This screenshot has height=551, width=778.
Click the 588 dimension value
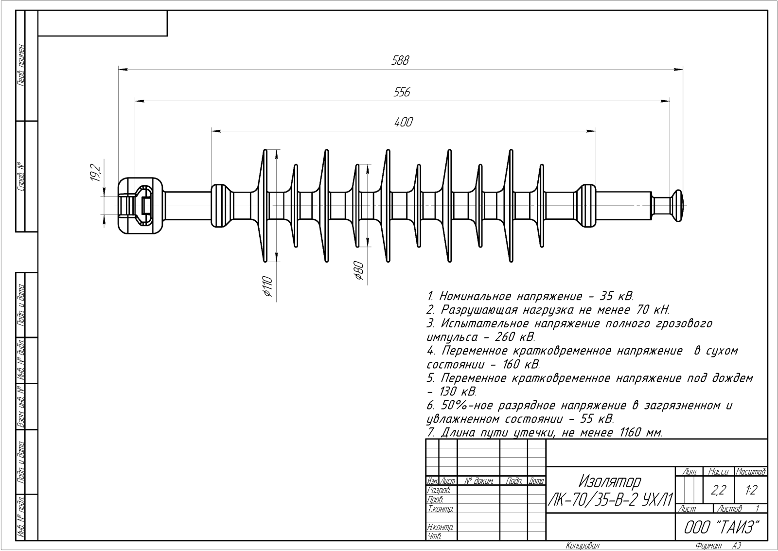coord(401,61)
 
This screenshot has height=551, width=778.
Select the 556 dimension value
coord(402,92)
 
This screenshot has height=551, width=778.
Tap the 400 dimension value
coord(403,122)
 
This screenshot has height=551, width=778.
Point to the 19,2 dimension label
coord(95,173)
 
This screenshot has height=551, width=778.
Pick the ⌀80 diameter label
coord(359,271)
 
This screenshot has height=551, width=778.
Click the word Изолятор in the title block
coord(610,482)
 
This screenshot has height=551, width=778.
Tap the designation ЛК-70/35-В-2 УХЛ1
coord(610,499)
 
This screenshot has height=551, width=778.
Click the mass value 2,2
coord(718,490)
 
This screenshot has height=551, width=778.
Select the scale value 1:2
coord(751,490)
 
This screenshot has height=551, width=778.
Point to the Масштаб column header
coord(751,472)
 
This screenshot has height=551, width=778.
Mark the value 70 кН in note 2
coord(653,310)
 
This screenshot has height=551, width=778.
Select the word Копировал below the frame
coord(582,546)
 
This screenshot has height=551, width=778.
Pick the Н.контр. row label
coord(440,527)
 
